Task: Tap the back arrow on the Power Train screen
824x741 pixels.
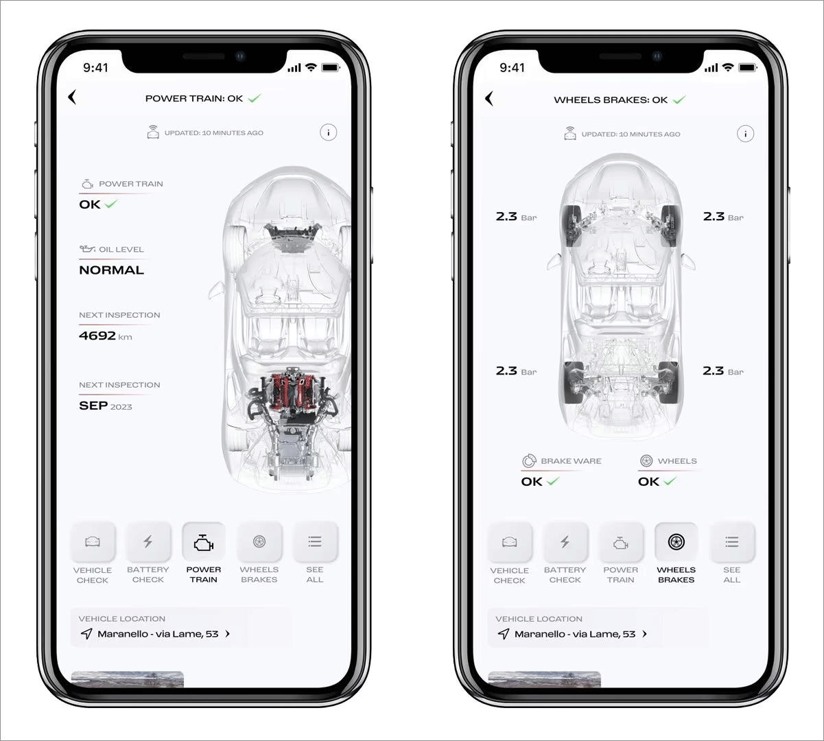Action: click(72, 97)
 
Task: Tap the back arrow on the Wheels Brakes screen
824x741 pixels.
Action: click(488, 98)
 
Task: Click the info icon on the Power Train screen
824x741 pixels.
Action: click(328, 132)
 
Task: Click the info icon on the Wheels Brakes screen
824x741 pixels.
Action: click(745, 134)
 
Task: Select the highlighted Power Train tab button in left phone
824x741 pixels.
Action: click(203, 542)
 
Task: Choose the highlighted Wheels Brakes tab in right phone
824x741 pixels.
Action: click(676, 542)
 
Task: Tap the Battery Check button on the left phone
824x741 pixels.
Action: click(148, 542)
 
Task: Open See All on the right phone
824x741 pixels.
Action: click(731, 542)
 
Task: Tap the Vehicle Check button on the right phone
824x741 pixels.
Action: click(509, 542)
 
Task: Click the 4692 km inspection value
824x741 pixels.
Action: click(106, 336)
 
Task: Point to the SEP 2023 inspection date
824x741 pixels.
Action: click(106, 405)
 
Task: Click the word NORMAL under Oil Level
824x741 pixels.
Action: click(111, 270)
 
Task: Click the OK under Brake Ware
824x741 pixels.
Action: click(532, 481)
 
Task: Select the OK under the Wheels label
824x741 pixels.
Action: click(648, 481)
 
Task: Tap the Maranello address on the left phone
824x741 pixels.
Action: click(158, 634)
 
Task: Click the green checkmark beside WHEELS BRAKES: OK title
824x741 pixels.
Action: click(679, 100)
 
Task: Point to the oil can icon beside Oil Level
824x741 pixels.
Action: click(87, 248)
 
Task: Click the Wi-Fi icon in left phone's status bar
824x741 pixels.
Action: click(311, 67)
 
